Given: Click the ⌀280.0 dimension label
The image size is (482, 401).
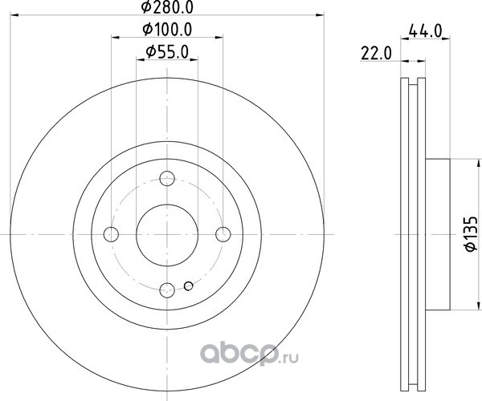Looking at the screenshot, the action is [x=167, y=7].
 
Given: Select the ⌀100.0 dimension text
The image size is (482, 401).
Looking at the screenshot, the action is [x=167, y=30].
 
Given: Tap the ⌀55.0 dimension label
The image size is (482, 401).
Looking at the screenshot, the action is [x=167, y=52].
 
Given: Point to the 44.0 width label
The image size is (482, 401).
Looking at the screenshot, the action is [x=426, y=31].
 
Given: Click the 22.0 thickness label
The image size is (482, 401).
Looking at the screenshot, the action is [x=376, y=54].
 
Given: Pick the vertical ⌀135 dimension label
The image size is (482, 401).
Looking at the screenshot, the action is [x=472, y=234].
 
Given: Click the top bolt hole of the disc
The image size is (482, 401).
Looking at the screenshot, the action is [x=167, y=179].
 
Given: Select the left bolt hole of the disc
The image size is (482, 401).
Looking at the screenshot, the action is [x=112, y=234].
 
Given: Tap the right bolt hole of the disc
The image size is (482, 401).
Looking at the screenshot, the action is [x=223, y=234].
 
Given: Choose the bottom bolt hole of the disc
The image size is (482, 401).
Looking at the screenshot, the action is [x=167, y=290].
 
